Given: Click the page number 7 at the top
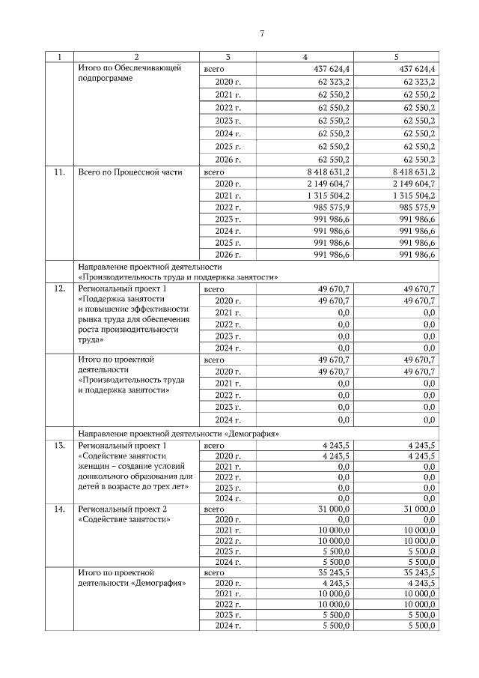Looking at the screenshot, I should (x=262, y=34).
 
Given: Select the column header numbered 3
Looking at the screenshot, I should (x=228, y=57).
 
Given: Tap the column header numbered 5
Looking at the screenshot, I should (x=396, y=57).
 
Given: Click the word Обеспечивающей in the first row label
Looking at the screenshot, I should (x=150, y=69).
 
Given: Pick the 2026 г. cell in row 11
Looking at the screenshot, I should (x=228, y=255).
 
